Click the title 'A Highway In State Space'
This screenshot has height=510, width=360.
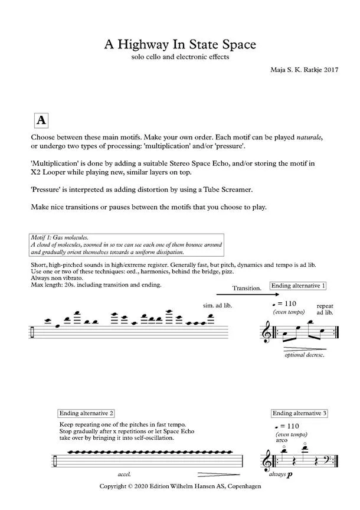coord(180,45)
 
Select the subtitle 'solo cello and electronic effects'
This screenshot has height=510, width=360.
coord(180,58)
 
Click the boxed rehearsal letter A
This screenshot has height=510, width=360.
coord(41,120)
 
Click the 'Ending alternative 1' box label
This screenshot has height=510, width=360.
coord(299,286)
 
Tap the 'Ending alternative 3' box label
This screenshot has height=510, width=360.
coord(300,413)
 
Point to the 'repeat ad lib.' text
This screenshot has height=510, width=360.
coord(325,310)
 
